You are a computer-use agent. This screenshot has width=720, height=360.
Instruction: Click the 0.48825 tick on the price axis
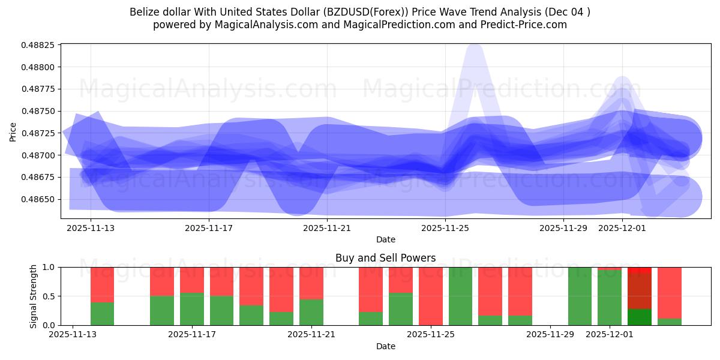pos(39,45)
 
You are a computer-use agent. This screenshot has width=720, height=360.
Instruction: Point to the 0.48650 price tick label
pos(39,199)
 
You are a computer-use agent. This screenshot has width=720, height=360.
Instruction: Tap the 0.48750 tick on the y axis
pos(39,111)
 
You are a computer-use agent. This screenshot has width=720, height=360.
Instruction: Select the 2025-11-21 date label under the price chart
pos(327,228)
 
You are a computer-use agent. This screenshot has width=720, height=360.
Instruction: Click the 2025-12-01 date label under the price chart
pos(623,228)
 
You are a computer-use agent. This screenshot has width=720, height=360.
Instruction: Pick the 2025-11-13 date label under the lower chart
pos(73,335)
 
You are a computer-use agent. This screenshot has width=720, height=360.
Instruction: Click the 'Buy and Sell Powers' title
pos(385,258)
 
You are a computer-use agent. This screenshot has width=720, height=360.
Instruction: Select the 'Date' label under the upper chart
pos(385,239)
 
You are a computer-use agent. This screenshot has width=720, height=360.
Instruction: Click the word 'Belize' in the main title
pos(144,12)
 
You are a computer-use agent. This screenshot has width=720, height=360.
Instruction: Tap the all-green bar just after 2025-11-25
pos(460,296)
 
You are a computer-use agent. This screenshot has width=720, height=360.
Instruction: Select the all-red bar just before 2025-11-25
pos(431,296)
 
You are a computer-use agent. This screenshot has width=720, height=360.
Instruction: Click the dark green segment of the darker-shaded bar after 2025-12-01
pos(640,317)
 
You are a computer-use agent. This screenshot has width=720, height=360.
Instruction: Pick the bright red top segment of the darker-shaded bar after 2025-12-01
pos(640,270)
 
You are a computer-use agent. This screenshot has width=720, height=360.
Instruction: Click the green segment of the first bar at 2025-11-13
pos(103,314)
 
